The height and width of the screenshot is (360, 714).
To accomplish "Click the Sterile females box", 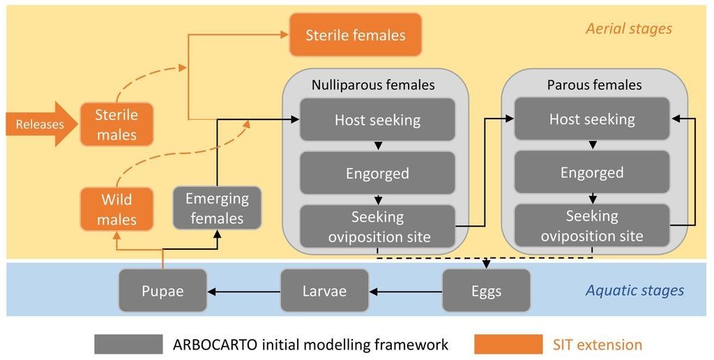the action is coord(356,35).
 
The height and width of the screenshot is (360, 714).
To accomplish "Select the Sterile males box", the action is coord(116,124).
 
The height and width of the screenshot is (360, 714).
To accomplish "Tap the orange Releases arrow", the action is coord(41,124).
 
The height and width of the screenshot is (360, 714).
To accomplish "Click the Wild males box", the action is coord(116,209).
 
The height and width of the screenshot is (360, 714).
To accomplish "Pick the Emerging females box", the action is coord(218,208).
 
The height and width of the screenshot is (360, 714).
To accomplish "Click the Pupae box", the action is coord(162,291).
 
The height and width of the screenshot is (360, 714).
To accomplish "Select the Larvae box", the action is coord(324,291).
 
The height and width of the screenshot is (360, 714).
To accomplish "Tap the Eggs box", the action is coord(486,291).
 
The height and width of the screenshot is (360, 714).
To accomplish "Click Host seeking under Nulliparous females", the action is coord(377,119).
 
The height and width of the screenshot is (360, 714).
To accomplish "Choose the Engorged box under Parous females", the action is coord(592,172).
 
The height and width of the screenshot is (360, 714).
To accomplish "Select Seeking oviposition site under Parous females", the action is coord(592,225).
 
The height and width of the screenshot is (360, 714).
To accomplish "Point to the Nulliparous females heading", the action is coord(373,84).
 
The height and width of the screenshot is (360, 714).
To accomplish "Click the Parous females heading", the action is coord(594,84).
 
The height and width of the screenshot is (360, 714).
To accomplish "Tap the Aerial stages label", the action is coord(629,29).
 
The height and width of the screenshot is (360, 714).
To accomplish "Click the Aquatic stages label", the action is coord(635,290).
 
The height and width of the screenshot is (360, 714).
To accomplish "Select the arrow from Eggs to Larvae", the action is coord(406,292).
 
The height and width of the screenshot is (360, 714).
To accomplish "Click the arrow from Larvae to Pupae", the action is coord(243,292).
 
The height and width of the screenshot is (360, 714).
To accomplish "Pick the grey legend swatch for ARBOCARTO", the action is coord(128,344).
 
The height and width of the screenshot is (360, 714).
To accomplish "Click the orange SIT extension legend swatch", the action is coord(508,344).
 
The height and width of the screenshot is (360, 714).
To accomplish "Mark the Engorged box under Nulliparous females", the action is coord(377,173).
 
